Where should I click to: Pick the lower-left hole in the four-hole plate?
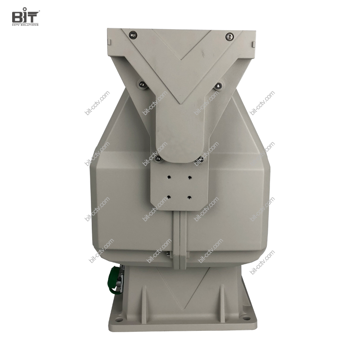pos(169,196)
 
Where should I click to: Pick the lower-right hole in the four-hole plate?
pos(188,196)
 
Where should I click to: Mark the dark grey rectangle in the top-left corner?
pos(26,16)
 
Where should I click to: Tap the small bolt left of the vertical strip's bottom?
pos(169,255)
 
